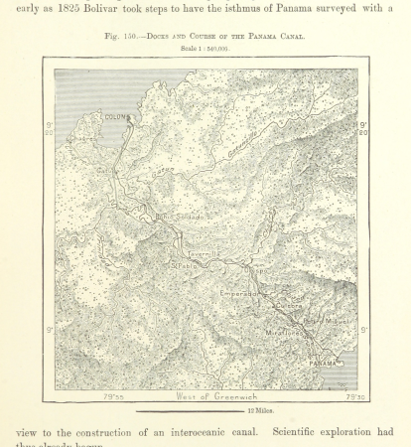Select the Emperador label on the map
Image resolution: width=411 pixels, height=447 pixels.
(238, 294)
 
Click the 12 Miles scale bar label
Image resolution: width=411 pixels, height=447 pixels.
(262, 410)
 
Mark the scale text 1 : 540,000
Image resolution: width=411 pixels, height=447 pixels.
(205, 48)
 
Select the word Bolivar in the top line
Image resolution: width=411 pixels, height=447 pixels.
(124, 9)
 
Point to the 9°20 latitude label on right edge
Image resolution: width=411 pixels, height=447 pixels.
(362, 129)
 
